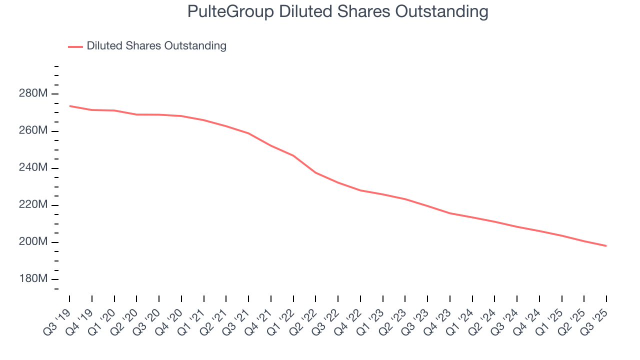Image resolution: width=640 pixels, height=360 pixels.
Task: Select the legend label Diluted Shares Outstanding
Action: (x=156, y=46)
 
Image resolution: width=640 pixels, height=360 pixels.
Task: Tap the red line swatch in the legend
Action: (x=75, y=46)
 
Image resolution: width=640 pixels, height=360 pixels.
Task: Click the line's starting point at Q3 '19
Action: (x=69, y=106)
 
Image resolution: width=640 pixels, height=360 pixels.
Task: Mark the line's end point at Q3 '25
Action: (x=606, y=246)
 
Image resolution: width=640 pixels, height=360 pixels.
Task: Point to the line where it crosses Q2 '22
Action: (x=315, y=172)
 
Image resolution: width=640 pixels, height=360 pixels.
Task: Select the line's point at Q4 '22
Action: (x=360, y=190)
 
